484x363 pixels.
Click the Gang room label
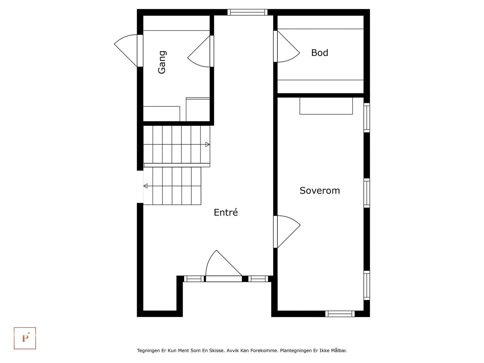[x=162, y=62]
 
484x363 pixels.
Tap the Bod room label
[x=319, y=53]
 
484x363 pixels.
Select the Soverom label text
[x=319, y=191]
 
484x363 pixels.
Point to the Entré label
[x=226, y=212]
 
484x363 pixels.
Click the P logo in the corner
[x=25, y=338]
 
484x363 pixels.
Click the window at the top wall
[x=247, y=12]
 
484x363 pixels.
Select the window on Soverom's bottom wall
[x=340, y=314]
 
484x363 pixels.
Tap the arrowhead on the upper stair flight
[x=208, y=145]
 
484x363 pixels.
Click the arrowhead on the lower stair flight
[x=146, y=186]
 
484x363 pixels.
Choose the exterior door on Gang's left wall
[x=127, y=50]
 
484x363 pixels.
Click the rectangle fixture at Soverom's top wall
[x=326, y=106]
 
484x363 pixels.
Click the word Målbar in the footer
[x=339, y=351]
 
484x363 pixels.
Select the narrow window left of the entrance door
[x=194, y=279]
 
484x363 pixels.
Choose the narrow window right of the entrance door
[x=258, y=279]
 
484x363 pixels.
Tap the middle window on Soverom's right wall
[x=367, y=193]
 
